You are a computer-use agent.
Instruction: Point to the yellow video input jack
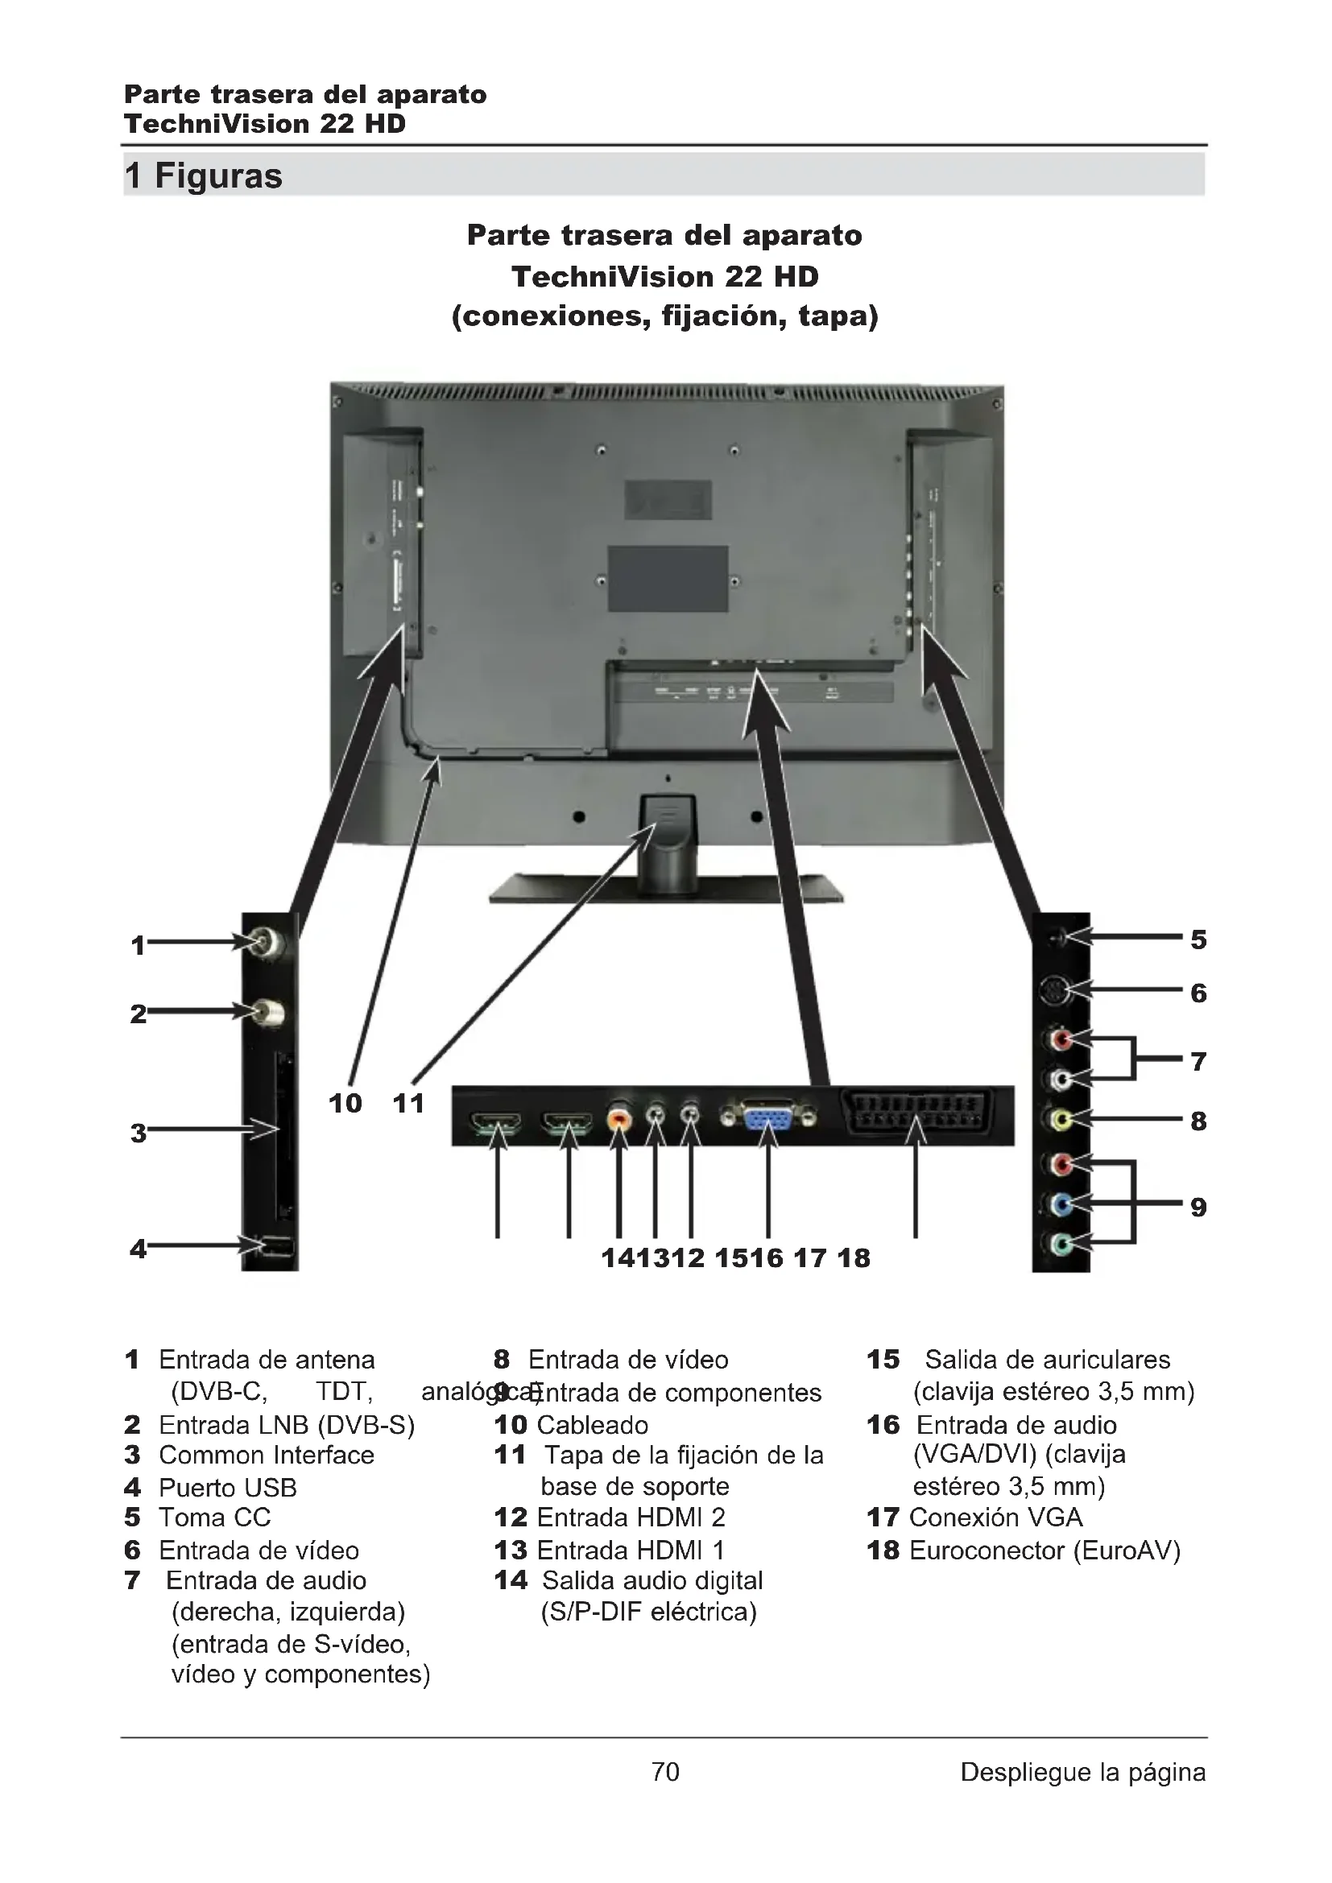pos(1061,1119)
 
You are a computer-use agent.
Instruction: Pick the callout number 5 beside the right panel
pos(1198,939)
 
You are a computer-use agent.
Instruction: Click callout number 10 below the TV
pos(345,1103)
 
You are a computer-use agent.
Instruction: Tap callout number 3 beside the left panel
pos(139,1134)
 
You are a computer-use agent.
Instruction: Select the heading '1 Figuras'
pos(204,175)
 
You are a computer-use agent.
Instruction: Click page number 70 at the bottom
pos(665,1771)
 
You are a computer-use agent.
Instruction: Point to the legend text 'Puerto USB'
pos(227,1488)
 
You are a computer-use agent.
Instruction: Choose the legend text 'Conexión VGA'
pos(995,1518)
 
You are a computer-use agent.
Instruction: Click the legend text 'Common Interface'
pos(266,1456)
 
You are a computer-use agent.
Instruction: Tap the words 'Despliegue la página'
pos(1082,1771)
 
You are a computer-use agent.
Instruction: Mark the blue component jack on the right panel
pos(1061,1204)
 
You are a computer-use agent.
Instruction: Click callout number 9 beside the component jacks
pos(1198,1208)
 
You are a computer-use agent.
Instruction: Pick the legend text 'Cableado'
pos(592,1426)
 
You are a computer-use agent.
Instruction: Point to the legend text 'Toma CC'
pos(214,1518)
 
